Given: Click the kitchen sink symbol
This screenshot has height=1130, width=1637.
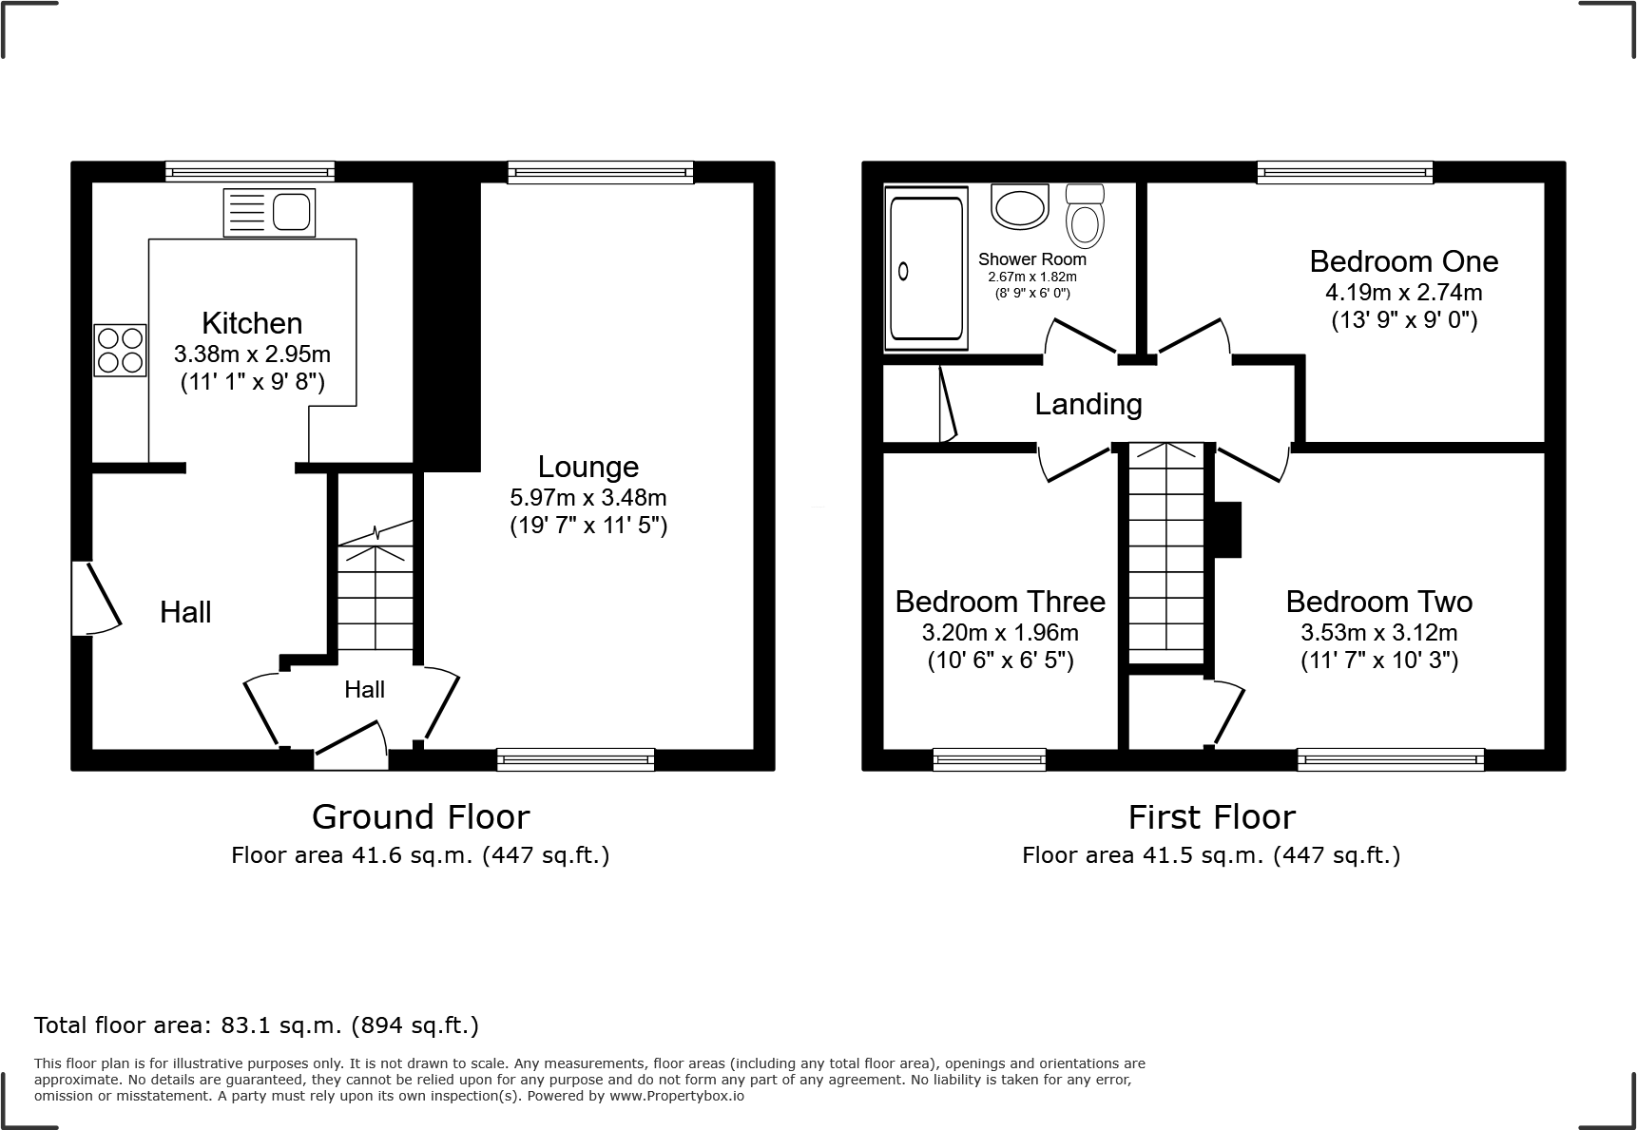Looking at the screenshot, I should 269,212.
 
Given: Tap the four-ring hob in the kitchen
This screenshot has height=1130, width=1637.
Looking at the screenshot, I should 120,350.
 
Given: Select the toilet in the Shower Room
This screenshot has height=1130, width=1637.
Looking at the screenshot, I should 1085,216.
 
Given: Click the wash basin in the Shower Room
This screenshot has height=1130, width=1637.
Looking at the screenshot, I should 1019,206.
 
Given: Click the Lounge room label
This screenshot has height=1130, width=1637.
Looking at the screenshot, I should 588,467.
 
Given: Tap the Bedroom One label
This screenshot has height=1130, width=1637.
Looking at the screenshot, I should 1403,261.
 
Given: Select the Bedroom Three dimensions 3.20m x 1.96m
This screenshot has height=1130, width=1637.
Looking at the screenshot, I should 1000,632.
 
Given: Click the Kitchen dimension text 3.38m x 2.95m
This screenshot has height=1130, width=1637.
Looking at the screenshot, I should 252,354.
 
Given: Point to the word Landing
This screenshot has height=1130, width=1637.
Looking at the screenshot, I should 1088,405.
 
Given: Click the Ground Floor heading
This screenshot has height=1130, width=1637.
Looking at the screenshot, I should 420,816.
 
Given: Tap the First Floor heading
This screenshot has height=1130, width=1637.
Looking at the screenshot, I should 1211,816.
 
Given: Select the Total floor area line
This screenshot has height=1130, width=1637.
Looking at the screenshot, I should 257,1025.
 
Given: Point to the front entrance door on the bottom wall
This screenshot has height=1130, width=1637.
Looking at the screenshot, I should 351,747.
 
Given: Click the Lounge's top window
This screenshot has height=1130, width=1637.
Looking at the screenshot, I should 600,172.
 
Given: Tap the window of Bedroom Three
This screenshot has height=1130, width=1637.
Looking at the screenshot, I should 989,758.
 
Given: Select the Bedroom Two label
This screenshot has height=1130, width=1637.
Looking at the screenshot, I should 1378,602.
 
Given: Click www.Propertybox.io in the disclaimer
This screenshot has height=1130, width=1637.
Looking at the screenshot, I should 677,1096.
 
